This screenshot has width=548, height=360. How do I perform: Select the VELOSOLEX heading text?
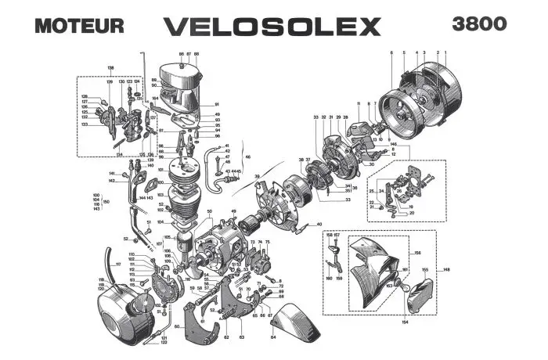click(x=272, y=25)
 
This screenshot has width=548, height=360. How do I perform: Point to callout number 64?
click(x=273, y=338)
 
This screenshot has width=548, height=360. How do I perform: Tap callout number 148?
click(x=447, y=271)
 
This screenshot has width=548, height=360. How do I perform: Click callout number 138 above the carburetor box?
click(x=110, y=68)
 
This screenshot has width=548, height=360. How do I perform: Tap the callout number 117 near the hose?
click(x=118, y=264)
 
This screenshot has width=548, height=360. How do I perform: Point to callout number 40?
click(x=319, y=225)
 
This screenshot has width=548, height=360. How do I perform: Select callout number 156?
click(x=417, y=253)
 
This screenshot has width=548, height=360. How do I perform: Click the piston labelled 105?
click(x=186, y=242)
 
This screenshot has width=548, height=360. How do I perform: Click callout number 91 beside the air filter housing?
click(x=216, y=105)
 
